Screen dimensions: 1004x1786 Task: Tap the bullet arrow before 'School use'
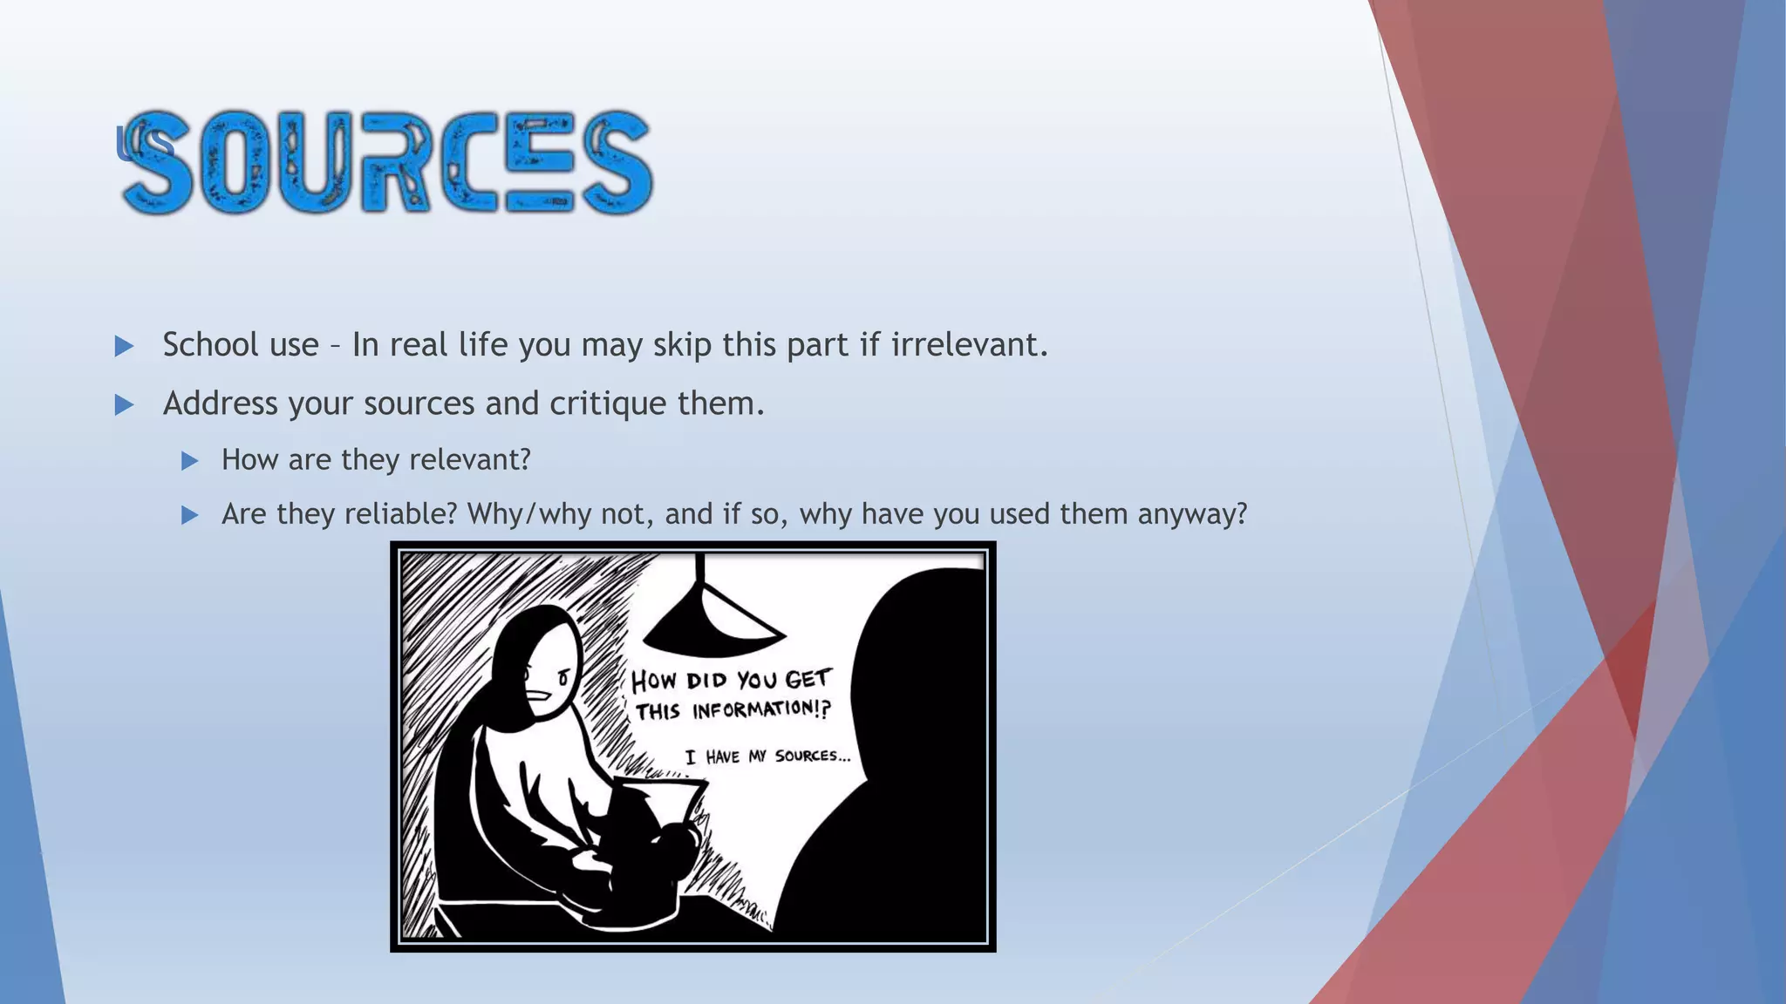coord(124,347)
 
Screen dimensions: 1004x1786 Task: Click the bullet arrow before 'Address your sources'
coord(124,405)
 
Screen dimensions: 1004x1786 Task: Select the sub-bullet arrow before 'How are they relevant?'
coord(190,461)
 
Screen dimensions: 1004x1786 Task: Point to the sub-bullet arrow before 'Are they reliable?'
coord(190,515)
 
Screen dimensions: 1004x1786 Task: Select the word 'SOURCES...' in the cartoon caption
coord(812,756)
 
